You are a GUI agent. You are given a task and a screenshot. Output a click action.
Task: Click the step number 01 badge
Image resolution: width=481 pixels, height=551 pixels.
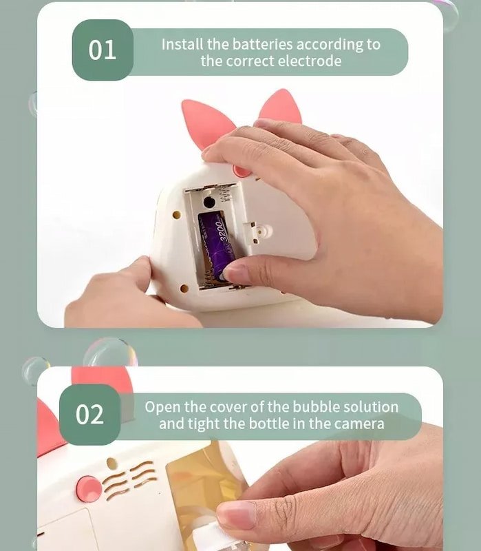pos(103,50)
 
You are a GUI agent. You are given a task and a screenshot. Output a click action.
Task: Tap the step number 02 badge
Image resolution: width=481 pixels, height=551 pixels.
pos(90,415)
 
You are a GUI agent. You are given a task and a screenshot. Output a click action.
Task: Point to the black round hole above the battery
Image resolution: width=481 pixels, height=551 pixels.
pos(209,202)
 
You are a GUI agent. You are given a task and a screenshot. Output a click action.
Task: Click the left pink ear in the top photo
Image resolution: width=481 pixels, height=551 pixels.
pos(206,123)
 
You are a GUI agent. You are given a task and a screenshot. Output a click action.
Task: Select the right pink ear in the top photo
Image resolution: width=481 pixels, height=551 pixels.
pos(281,107)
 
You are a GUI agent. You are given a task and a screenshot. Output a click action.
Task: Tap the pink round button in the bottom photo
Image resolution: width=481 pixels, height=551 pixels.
pos(88,489)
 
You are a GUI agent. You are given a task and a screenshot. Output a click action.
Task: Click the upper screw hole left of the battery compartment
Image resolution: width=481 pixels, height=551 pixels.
pos(177,215)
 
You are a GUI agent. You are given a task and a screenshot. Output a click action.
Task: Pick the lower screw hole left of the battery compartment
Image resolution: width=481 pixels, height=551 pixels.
pos(184,289)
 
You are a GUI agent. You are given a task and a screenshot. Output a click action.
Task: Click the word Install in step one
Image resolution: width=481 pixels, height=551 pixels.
pos(182,44)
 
